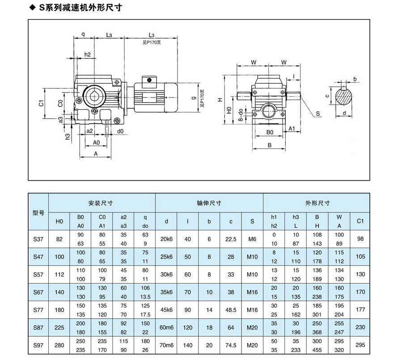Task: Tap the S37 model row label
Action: pyautogui.click(x=38, y=239)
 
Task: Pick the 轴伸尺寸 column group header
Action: pyautogui.click(x=209, y=203)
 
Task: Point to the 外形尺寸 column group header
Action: pyautogui.click(x=317, y=203)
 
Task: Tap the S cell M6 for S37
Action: pyautogui.click(x=253, y=239)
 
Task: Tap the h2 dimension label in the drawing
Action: pyautogui.click(x=87, y=55)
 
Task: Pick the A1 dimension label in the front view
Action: pyautogui.click(x=292, y=128)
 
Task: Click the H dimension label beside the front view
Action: pyautogui.click(x=220, y=100)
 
